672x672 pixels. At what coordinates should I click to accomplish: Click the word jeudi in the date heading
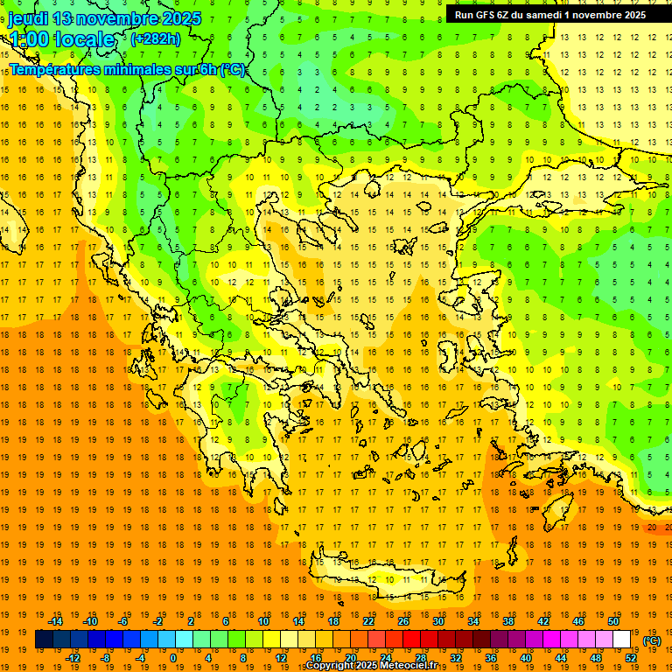30,18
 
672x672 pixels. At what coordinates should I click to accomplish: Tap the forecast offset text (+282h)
156,38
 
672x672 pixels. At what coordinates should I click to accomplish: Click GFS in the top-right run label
486,15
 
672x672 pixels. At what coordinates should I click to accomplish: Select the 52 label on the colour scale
631,658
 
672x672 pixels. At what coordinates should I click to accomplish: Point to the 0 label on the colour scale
173,658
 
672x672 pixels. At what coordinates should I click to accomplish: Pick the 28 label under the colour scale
420,658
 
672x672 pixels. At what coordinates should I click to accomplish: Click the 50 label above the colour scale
613,621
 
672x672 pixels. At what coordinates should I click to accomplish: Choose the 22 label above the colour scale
368,621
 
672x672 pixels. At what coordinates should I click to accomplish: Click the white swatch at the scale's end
622,640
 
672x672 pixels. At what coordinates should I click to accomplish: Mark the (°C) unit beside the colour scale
652,640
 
